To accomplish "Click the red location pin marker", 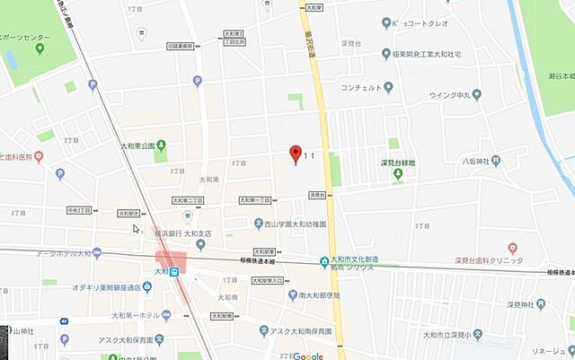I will pyautogui.click(x=293, y=154).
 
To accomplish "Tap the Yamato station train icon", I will pyautogui.click(x=175, y=271).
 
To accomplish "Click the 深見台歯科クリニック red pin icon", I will pyautogui.click(x=512, y=248).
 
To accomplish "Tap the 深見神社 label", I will pyautogui.click(x=510, y=305).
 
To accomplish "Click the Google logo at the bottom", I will pyautogui.click(x=307, y=355).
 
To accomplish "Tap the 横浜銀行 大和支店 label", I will pyautogui.click(x=183, y=233).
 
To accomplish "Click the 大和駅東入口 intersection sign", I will pyautogui.click(x=266, y=280).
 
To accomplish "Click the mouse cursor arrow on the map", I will pyautogui.click(x=137, y=229).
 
